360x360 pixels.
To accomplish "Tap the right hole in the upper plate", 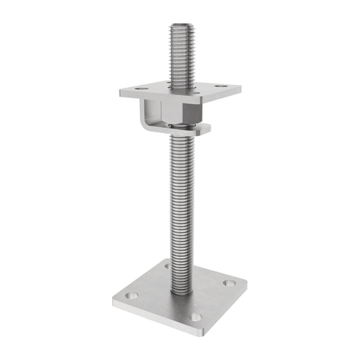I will (220, 86).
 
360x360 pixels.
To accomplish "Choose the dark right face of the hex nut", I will (195, 114).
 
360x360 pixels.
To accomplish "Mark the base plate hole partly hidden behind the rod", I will (167, 266).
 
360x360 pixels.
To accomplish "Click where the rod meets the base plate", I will (180, 290).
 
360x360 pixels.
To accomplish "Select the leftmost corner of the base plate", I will (109, 298).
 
